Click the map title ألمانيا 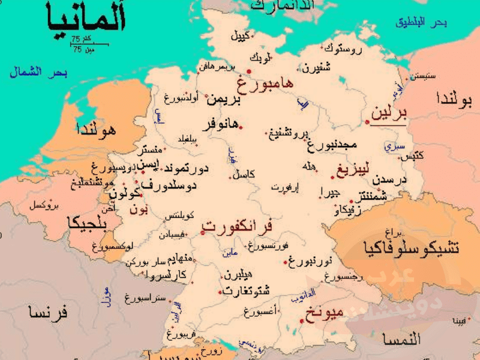(86, 19)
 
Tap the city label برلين (389, 113)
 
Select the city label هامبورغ (265, 83)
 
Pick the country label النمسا (401, 340)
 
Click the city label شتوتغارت (246, 291)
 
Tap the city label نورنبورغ (310, 262)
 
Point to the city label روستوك (343, 49)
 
